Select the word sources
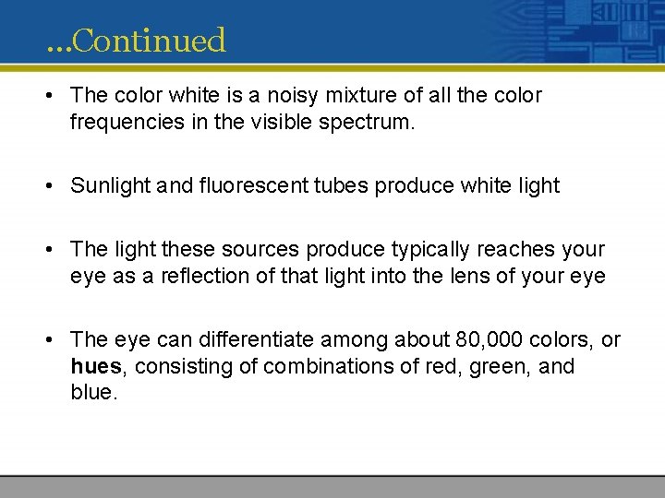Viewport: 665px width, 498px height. click(x=262, y=250)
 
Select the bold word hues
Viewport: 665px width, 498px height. click(x=96, y=366)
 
